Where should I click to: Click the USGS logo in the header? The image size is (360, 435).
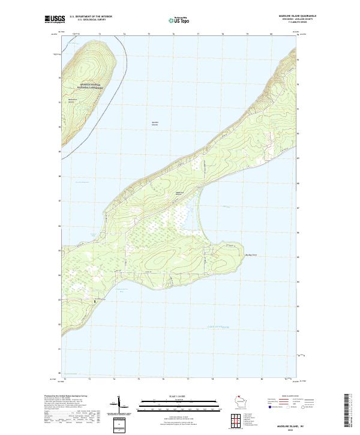pyautogui.click(x=54, y=20)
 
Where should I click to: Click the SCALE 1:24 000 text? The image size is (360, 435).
pyautogui.click(x=179, y=396)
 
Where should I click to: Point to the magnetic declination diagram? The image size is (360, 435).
pyautogui.click(x=118, y=405)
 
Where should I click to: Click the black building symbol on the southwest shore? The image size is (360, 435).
pyautogui.click(x=94, y=302)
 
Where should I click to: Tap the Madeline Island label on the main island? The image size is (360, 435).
pyautogui.click(x=178, y=193)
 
